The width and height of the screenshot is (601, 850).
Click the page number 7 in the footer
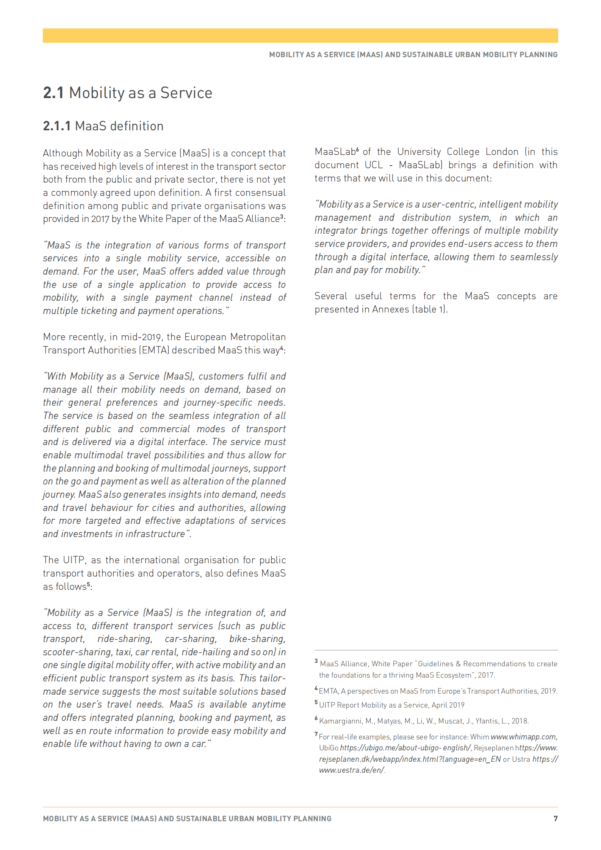pyautogui.click(x=555, y=818)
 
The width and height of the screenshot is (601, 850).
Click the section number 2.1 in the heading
pyautogui.click(x=53, y=93)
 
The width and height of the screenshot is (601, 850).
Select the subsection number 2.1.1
pyautogui.click(x=56, y=126)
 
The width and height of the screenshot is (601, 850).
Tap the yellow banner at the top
pyautogui.click(x=300, y=36)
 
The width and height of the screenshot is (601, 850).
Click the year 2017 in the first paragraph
pyautogui.click(x=100, y=219)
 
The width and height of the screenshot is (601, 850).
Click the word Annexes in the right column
pyautogui.click(x=390, y=309)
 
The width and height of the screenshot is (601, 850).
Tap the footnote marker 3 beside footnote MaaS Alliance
pyautogui.click(x=316, y=661)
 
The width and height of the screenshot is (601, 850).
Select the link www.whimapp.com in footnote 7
pyautogui.click(x=523, y=737)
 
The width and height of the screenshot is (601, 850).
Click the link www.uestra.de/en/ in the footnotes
pyautogui.click(x=351, y=770)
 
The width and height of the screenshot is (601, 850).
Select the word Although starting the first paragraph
pyautogui.click(x=63, y=153)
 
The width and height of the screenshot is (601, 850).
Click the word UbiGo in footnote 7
pyautogui.click(x=329, y=748)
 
